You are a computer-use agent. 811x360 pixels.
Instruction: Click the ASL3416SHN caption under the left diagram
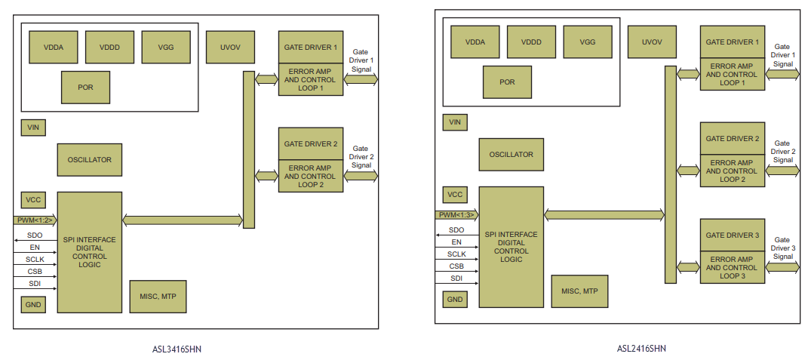pos(177,349)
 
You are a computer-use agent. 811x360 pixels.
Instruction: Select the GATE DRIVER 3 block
pos(733,235)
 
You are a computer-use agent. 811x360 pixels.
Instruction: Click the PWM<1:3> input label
pos(456,215)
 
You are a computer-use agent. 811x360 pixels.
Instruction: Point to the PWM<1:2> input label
pos(34,220)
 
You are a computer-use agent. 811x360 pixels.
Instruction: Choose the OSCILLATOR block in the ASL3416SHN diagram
pos(89,160)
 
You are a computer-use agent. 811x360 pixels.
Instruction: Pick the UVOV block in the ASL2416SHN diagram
pos(651,42)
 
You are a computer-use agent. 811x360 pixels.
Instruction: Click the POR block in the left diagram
pos(85,88)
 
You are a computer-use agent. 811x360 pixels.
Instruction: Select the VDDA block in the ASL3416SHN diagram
pos(54,47)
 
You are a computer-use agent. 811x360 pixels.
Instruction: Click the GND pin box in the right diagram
pos(455,300)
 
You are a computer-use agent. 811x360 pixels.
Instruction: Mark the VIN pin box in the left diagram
pos(33,128)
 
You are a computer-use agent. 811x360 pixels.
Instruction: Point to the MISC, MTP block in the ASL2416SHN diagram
pos(579,291)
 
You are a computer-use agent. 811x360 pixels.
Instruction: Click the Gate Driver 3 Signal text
pos(783,248)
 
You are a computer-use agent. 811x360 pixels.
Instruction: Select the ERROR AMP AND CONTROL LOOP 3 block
pos(733,267)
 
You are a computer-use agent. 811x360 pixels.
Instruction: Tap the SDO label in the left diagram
pos(35,235)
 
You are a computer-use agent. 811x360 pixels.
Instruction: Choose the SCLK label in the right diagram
pos(456,254)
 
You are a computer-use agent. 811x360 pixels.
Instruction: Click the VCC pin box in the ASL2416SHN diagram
pos(455,195)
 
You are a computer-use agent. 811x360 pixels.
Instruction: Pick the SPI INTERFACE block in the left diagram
pos(89,252)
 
